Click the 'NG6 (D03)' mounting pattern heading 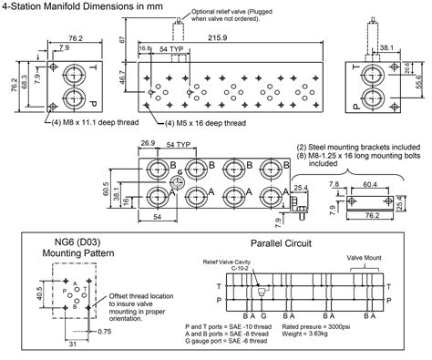[x=70, y=243]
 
